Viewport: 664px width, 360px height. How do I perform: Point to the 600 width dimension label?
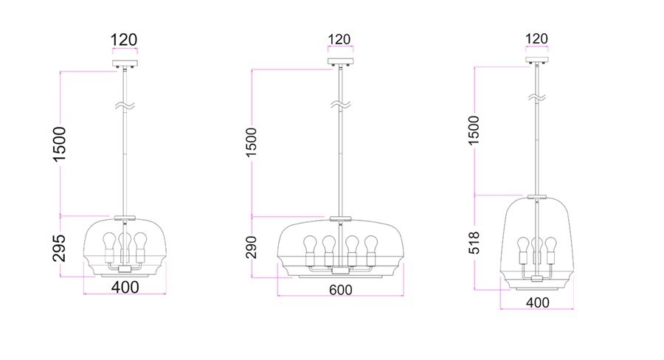coord(340,290)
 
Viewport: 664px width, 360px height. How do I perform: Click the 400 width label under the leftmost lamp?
coord(124,287)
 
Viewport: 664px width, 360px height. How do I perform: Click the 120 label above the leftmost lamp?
coord(124,40)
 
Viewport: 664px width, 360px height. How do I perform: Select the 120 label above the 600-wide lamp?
coord(339,39)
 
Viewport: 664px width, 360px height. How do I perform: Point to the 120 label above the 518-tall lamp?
coord(537,38)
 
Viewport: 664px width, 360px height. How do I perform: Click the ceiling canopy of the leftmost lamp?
coord(124,64)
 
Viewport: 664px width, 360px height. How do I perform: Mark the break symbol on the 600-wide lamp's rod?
coord(339,104)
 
